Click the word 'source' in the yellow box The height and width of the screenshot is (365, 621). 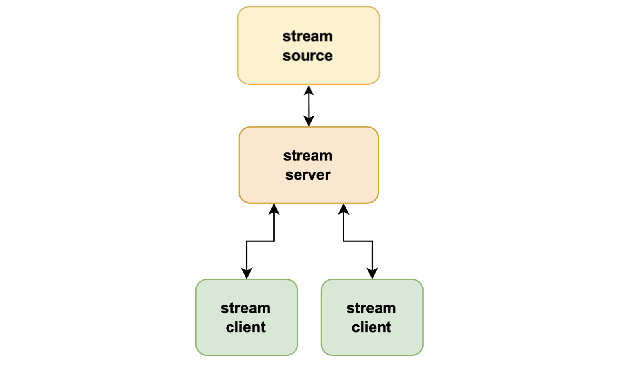[307, 56]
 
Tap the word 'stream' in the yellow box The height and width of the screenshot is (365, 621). [307, 36]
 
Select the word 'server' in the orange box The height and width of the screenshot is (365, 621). [308, 175]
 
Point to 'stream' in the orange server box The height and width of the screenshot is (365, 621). [308, 156]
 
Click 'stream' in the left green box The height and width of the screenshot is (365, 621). [245, 308]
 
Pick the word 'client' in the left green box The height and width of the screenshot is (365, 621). [245, 327]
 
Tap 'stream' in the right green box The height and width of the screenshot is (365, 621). [371, 308]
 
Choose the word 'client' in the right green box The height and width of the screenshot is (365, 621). [371, 327]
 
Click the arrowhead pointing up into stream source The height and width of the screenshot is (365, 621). [309, 90]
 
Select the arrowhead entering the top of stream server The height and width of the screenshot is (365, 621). [309, 121]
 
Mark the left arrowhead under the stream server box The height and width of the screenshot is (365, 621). [274, 209]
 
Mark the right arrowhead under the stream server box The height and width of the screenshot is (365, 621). [344, 209]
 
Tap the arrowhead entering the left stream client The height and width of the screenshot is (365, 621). [247, 273]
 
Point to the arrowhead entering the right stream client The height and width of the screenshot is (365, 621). [372, 273]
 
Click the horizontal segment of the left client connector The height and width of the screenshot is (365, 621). [260, 241]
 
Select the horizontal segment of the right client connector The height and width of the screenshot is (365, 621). [358, 241]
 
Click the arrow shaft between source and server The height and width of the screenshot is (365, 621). [309, 106]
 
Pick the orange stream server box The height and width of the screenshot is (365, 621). [260, 188]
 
